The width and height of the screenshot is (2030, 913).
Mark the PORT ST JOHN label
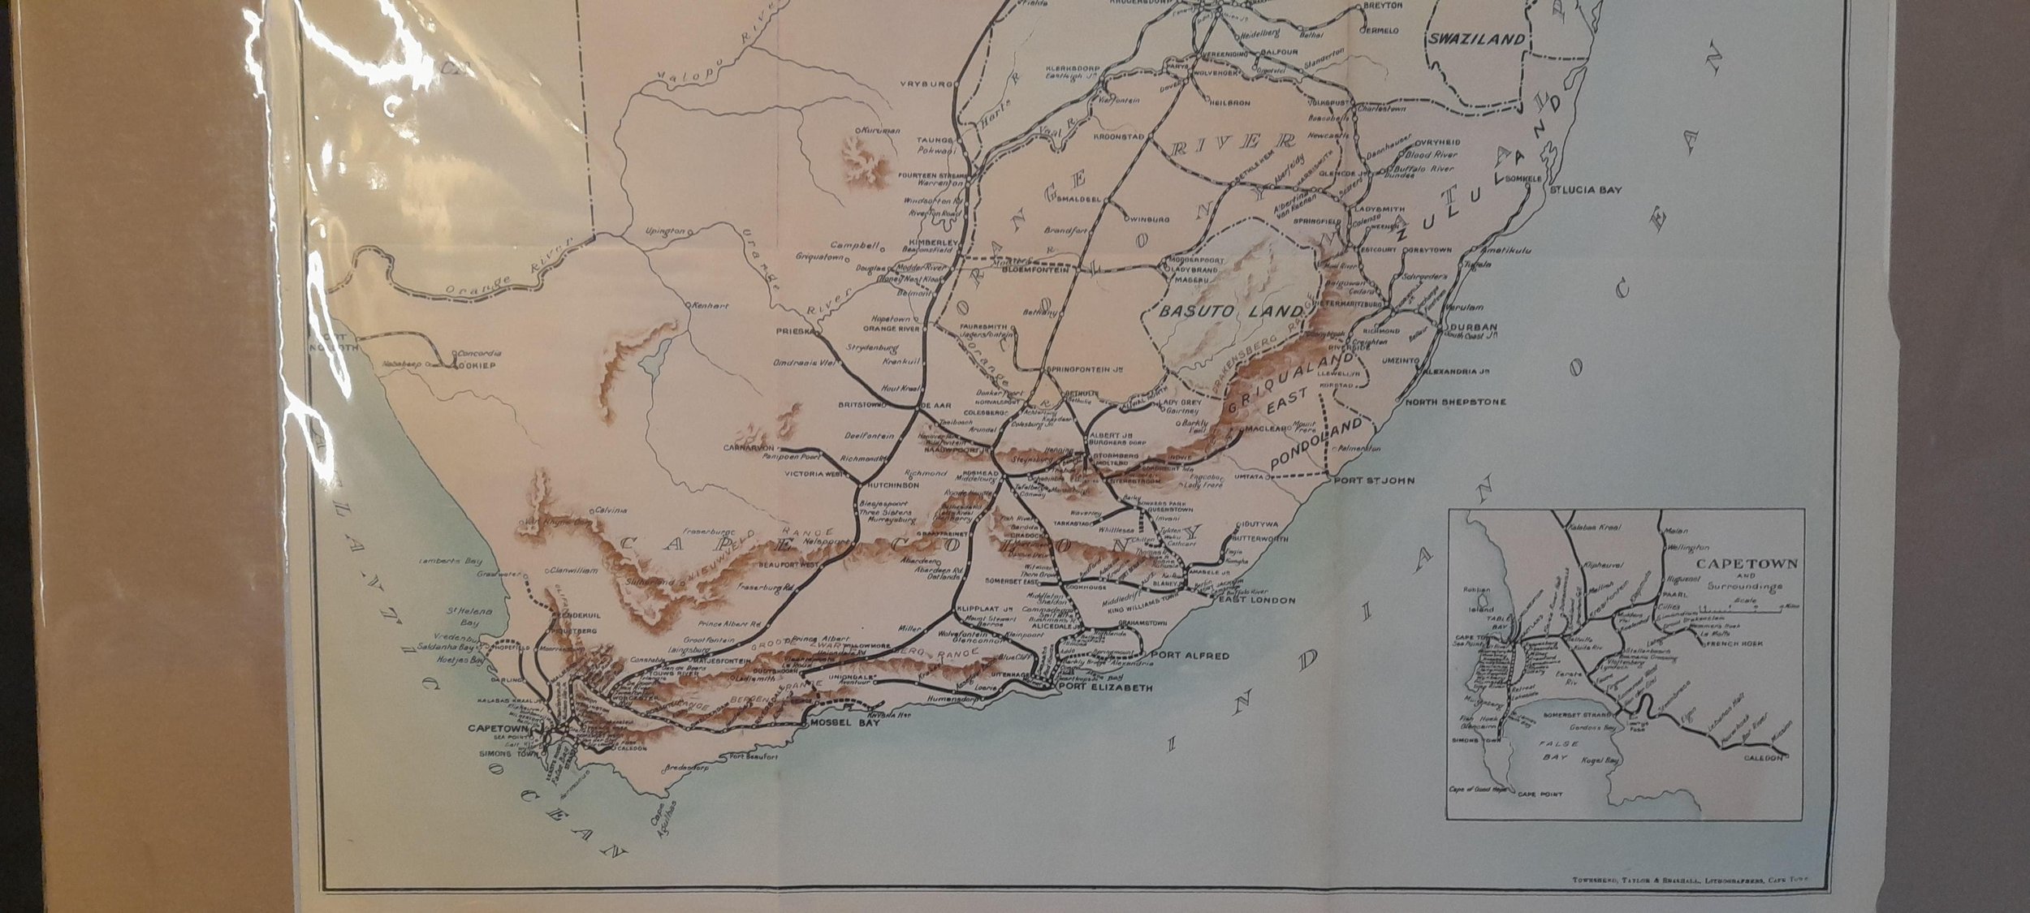(x=1373, y=480)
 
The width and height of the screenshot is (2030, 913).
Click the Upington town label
(x=665, y=231)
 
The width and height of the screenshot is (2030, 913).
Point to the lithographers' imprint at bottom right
(x=1691, y=878)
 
